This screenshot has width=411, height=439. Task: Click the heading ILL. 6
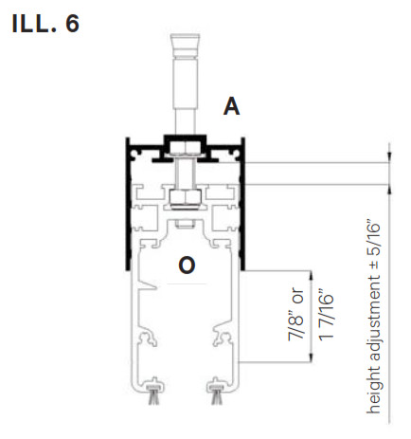45,24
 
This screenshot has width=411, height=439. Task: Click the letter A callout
231,106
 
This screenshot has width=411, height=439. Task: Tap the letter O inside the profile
187,265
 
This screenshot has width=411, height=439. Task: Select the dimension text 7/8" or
295,315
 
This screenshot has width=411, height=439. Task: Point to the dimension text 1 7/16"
326,315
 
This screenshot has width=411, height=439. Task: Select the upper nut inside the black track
186,148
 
